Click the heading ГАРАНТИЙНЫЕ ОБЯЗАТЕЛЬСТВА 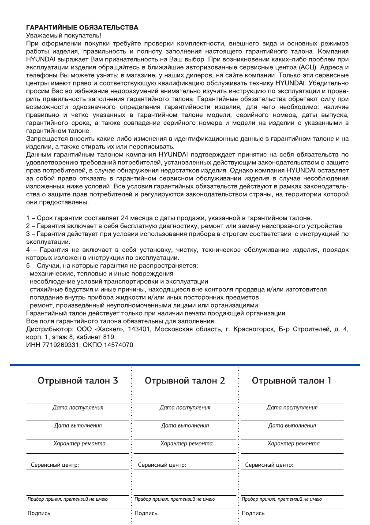pyautogui.click(x=82, y=27)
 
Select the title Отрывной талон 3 pyautogui.click(x=78, y=380)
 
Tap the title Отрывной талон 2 pyautogui.click(x=185, y=380)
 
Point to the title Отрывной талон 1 pyautogui.click(x=292, y=380)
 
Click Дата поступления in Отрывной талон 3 pyautogui.click(x=78, y=408)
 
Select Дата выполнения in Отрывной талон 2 pyautogui.click(x=185, y=426)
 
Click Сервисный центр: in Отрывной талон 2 pyautogui.click(x=162, y=465)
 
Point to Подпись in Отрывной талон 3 pyautogui.click(x=39, y=514)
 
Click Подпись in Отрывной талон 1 pyautogui.click(x=253, y=514)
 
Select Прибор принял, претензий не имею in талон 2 pyautogui.click(x=175, y=499)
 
